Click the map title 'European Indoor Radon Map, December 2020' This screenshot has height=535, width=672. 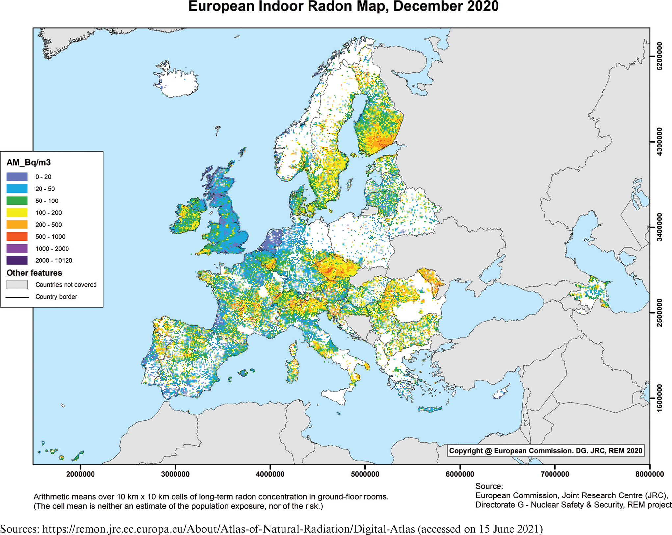point(343,7)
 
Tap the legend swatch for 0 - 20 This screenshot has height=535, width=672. point(17,177)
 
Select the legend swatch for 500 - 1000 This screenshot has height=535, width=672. point(17,237)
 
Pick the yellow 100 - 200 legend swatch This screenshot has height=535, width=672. point(17,213)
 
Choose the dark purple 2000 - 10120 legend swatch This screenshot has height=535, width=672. point(17,260)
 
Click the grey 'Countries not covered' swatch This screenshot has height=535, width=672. point(17,285)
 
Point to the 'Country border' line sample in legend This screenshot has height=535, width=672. point(17,297)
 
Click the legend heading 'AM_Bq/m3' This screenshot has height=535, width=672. point(29,162)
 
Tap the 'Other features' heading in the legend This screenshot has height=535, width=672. point(34,273)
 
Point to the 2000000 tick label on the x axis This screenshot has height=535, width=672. point(80,474)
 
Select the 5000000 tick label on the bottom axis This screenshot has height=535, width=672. point(365,474)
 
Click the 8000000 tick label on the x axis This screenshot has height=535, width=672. point(650,474)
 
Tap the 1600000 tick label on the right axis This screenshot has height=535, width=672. point(659,398)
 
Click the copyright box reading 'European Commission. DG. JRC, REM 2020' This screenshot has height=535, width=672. point(545,451)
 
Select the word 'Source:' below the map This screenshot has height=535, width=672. point(489,486)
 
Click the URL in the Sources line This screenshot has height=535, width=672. point(228,529)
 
